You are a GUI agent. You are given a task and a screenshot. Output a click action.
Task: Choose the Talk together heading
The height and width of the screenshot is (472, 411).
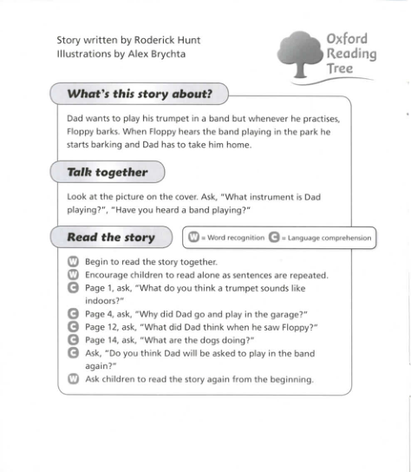108,173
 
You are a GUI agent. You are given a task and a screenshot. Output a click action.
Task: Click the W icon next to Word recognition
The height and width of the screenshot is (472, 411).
192,238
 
